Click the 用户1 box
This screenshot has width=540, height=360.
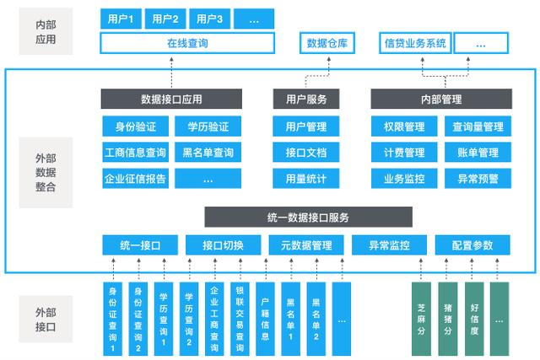pos(121,19)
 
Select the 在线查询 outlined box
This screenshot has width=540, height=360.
pos(187,43)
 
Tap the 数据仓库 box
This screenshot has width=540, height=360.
pos(327,43)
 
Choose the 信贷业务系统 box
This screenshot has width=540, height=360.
pos(415,43)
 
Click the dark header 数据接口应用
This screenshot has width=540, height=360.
pos(171,99)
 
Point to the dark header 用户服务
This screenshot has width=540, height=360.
pos(306,99)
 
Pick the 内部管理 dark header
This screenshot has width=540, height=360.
pos(441,99)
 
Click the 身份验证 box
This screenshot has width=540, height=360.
pos(135,126)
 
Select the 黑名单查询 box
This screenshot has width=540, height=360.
pos(208,152)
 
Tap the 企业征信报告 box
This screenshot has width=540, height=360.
pos(135,178)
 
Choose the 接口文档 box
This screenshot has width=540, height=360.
pos(306,152)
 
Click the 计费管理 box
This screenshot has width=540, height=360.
pos(404,152)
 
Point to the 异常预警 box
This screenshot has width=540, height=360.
pos(478,178)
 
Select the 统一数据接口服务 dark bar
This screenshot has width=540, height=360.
pos(308,217)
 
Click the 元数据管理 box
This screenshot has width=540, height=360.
pos(306,245)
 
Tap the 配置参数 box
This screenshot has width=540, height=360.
pos(472,245)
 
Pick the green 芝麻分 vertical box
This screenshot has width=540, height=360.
pos(421,319)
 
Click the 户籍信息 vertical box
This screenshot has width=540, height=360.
pos(265,319)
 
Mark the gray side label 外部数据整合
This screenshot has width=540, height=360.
pos(46,173)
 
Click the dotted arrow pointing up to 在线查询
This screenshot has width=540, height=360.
pos(171,73)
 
